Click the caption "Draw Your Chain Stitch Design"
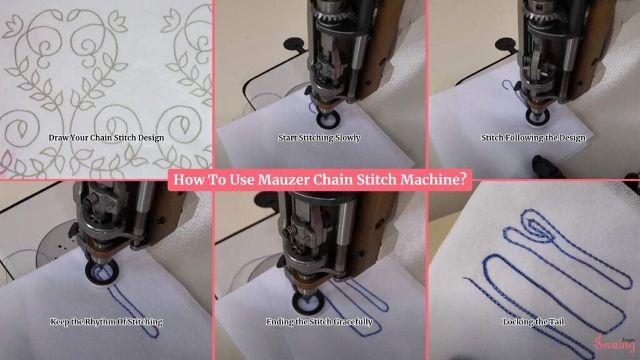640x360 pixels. click(106, 138)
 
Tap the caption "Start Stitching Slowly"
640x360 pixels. click(319, 138)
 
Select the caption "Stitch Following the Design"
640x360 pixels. click(533, 138)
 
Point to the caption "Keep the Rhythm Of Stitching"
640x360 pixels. click(106, 322)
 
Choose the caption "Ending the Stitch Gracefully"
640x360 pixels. click(319, 322)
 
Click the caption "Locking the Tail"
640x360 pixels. click(533, 322)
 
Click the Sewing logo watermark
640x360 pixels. click(615, 344)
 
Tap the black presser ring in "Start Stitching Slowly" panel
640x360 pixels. click(328, 121)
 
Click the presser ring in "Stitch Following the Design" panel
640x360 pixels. click(537, 116)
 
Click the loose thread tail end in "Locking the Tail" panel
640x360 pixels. click(464, 278)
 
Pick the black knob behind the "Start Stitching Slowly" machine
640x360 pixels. click(295, 44)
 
